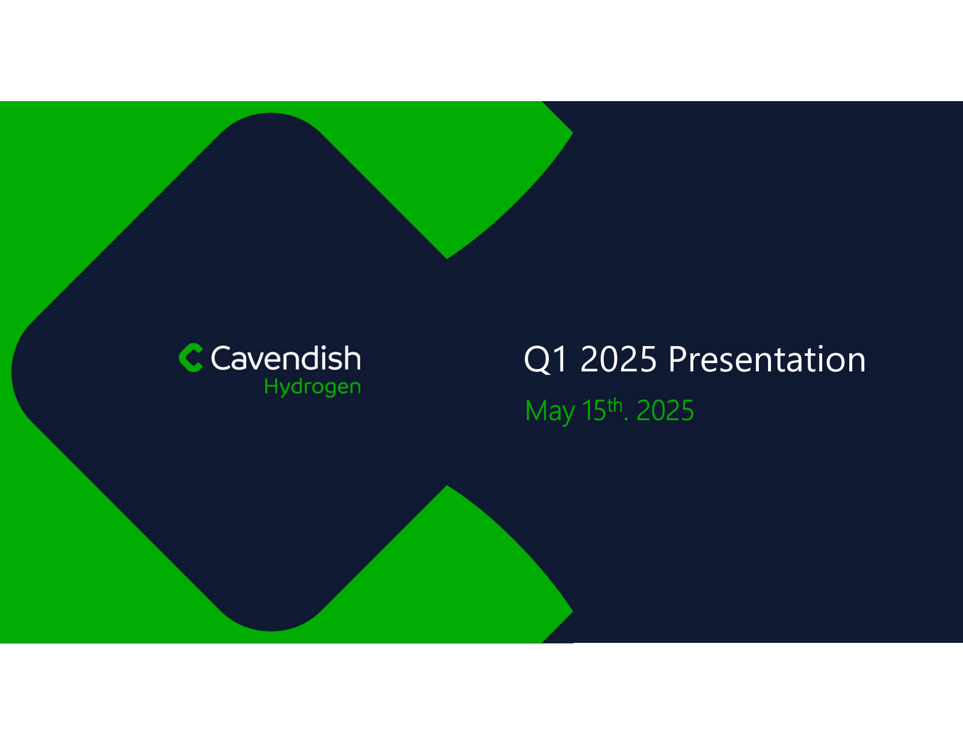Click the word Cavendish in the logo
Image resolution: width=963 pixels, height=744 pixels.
(x=286, y=358)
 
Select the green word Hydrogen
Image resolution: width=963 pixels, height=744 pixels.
(x=312, y=387)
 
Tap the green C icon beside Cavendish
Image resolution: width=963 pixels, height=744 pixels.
(x=191, y=358)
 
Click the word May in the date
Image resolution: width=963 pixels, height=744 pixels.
(x=550, y=412)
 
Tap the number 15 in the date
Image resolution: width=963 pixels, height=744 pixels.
(x=594, y=411)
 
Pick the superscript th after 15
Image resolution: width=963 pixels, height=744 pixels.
(x=615, y=405)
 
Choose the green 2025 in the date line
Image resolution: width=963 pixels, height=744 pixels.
(x=665, y=411)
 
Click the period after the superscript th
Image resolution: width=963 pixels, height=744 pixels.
(x=626, y=419)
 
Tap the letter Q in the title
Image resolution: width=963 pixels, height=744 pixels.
(x=537, y=360)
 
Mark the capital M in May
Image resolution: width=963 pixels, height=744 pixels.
(x=537, y=411)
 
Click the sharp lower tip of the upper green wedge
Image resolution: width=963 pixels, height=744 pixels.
(x=447, y=259)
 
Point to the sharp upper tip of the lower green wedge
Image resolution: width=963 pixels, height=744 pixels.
(x=447, y=485)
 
